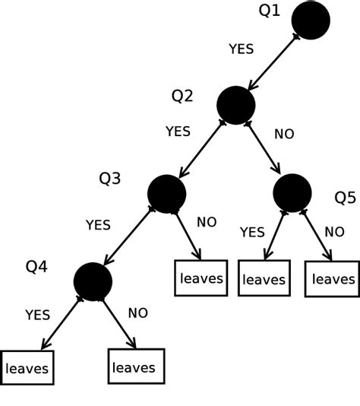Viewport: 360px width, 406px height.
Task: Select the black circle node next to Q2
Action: pyautogui.click(x=236, y=105)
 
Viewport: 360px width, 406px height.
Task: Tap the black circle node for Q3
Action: pyautogui.click(x=167, y=193)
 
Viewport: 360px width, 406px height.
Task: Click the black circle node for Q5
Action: pyautogui.click(x=292, y=193)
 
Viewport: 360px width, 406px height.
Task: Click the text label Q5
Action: pyautogui.click(x=345, y=198)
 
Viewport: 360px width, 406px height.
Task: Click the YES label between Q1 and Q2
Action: pyautogui.click(x=241, y=49)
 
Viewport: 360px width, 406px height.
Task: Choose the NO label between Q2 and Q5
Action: pyautogui.click(x=284, y=135)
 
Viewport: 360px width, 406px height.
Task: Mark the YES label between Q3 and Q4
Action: pyautogui.click(x=97, y=225)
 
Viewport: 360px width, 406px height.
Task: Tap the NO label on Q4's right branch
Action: pyautogui.click(x=137, y=312)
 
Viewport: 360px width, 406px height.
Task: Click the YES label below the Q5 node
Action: pyautogui.click(x=252, y=232)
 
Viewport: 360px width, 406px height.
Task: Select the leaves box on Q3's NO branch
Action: pyautogui.click(x=201, y=278)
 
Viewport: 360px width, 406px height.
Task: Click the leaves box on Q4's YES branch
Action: pyautogui.click(x=27, y=369)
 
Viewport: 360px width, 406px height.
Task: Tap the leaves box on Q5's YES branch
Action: pyautogui.click(x=264, y=279)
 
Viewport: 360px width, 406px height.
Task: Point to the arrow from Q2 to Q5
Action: pyautogui.click(x=265, y=150)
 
